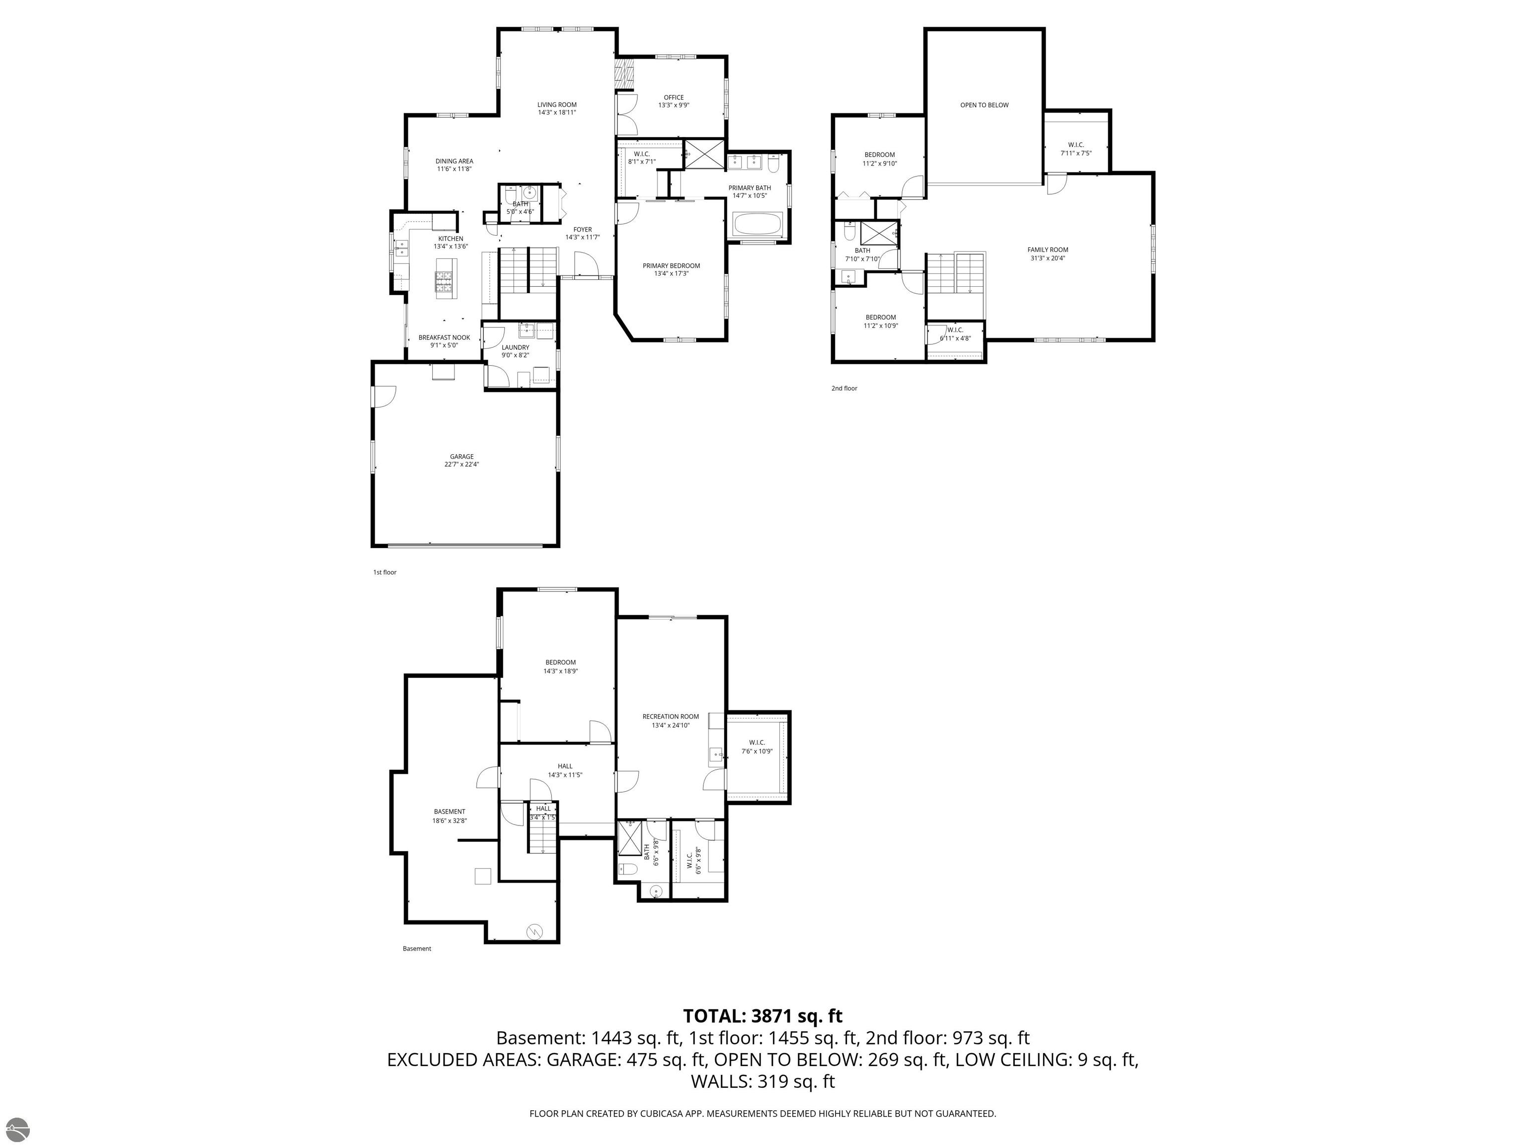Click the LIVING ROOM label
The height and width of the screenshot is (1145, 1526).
(x=557, y=105)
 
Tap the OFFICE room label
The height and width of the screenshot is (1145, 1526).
(x=673, y=97)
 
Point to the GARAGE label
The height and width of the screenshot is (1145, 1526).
(x=461, y=456)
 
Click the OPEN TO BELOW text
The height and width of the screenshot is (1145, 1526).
(x=984, y=105)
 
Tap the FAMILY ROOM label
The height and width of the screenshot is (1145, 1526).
(x=1047, y=250)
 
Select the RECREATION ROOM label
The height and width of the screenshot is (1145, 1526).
(x=671, y=717)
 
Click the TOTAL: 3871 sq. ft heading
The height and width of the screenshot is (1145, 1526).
(x=763, y=1016)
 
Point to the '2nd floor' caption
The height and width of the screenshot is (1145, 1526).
(x=843, y=389)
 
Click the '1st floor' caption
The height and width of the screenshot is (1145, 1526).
(x=385, y=572)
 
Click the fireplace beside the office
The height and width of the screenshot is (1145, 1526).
(x=624, y=75)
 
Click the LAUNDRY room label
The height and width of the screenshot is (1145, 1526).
(x=515, y=347)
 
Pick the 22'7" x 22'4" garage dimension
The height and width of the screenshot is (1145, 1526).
(x=461, y=465)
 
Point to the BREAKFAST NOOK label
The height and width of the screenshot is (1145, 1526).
(x=444, y=337)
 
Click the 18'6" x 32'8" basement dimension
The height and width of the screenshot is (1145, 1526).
(x=450, y=820)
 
